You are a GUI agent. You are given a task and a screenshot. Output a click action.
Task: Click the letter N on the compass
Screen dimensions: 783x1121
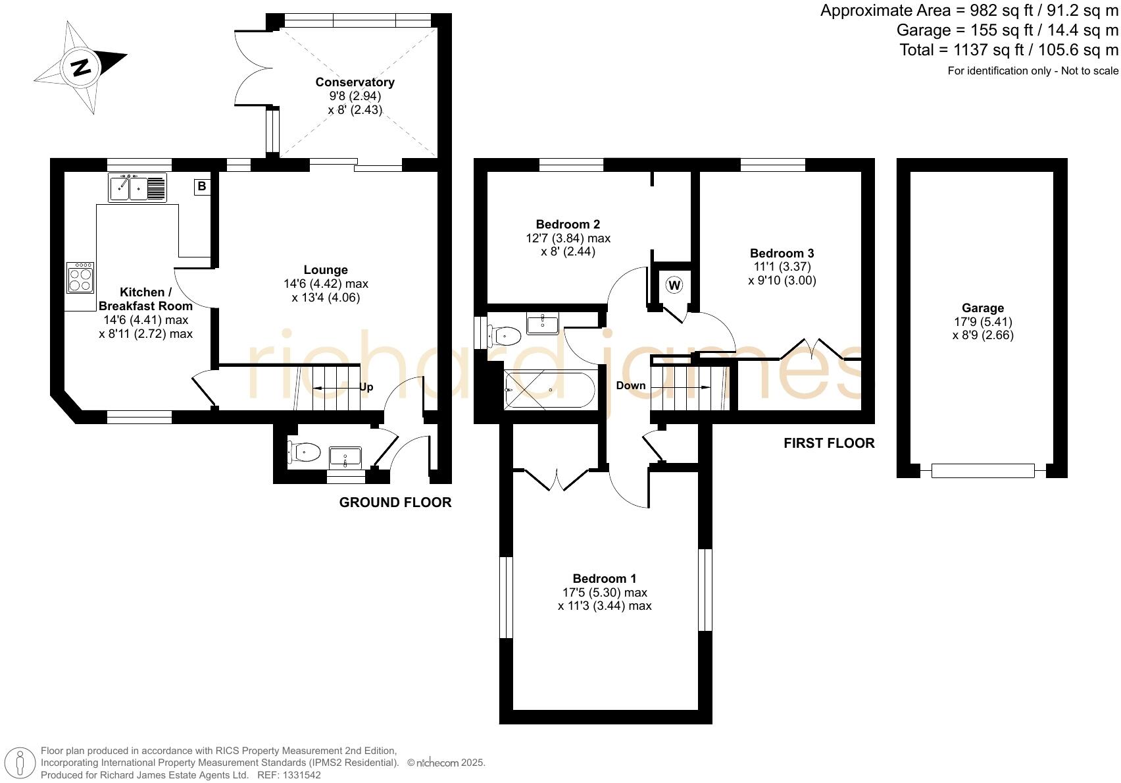pyautogui.click(x=81, y=67)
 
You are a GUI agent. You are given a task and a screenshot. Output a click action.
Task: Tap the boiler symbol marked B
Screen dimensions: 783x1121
pyautogui.click(x=201, y=186)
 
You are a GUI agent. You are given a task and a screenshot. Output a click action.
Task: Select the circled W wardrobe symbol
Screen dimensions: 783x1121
pyautogui.click(x=674, y=285)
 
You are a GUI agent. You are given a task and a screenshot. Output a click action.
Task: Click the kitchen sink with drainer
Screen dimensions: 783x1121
pyautogui.click(x=137, y=188)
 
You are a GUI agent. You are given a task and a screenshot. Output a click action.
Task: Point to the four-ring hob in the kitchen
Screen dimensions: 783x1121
pyautogui.click(x=80, y=277)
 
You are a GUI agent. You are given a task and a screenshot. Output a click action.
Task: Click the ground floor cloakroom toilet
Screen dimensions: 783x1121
pyautogui.click(x=304, y=452)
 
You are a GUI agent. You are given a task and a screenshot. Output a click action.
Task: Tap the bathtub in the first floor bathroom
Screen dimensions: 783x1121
pyautogui.click(x=550, y=390)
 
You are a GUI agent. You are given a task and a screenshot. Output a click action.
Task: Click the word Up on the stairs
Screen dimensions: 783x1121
pyautogui.click(x=366, y=387)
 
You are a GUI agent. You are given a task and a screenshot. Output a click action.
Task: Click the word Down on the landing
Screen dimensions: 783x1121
pyautogui.click(x=630, y=385)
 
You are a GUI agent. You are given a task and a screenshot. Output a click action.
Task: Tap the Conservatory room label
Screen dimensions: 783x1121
pyautogui.click(x=355, y=82)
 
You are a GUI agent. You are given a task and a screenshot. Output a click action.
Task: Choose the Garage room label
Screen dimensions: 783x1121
pyautogui.click(x=982, y=308)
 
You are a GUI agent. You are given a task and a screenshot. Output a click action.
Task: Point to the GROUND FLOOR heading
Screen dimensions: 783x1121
pyautogui.click(x=395, y=502)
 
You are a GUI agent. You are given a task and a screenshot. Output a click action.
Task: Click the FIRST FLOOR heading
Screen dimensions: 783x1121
pyautogui.click(x=829, y=443)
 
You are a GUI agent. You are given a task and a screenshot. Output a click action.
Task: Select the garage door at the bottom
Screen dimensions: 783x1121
pyautogui.click(x=982, y=471)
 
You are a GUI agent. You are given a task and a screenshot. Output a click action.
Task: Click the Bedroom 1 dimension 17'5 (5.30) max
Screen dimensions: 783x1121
pyautogui.click(x=604, y=593)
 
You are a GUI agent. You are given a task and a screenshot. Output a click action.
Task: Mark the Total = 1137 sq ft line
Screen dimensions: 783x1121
pyautogui.click(x=1009, y=50)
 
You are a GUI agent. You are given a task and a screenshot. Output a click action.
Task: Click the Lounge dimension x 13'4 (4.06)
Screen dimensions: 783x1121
pyautogui.click(x=326, y=298)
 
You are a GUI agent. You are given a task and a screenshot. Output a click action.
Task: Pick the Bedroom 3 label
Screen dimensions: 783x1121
pyautogui.click(x=782, y=253)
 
